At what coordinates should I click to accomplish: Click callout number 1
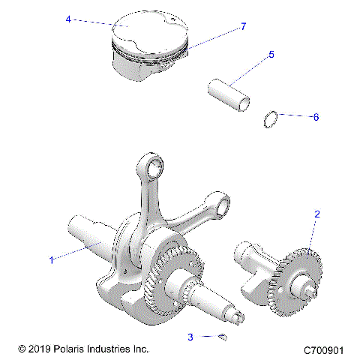[x=51, y=260]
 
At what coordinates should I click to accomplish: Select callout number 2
[x=317, y=214]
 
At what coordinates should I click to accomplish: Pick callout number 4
[x=68, y=19]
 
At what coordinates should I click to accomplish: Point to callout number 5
[x=271, y=55]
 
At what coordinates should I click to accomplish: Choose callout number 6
[x=316, y=118]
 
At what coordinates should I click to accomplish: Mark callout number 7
[x=243, y=27]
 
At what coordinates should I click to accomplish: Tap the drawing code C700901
[x=323, y=350]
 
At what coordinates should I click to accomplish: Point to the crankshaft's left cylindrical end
[x=82, y=229]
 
